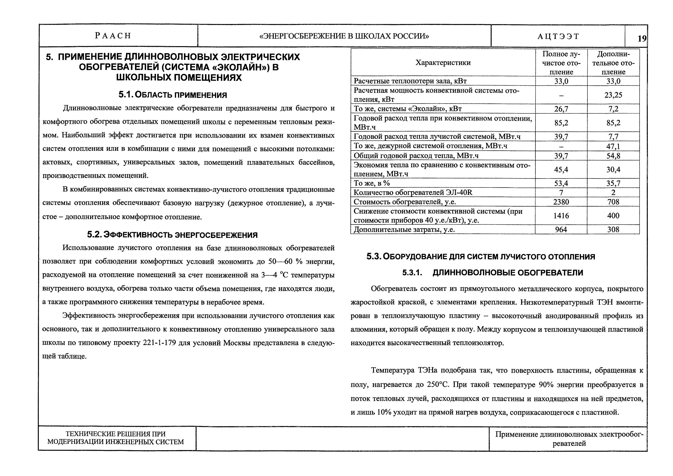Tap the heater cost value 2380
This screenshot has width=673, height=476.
coord(561,202)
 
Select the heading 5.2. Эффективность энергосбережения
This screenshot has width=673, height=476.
coord(172,235)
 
